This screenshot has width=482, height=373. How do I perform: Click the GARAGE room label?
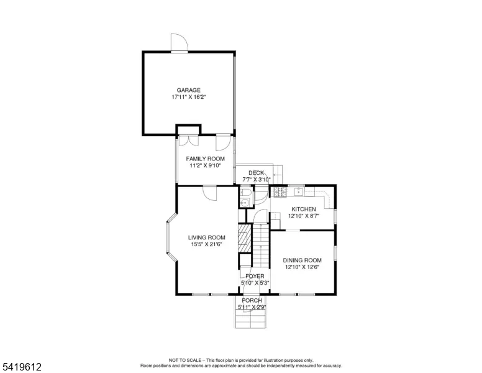coord(188,90)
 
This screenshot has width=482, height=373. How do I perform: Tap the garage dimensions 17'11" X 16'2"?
coord(188,97)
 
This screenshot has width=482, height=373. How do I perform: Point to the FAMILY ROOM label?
coord(206,159)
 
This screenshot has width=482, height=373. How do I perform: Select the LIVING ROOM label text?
coord(207,237)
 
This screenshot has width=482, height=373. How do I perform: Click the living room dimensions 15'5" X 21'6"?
coord(207,244)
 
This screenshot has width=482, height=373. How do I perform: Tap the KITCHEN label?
coord(304,210)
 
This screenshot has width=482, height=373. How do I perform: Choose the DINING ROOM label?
coord(302,260)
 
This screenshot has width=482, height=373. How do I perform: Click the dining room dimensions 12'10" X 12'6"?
coord(302,267)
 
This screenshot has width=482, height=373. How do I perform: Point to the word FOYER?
coord(255,277)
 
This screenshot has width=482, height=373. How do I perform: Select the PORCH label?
coord(252,300)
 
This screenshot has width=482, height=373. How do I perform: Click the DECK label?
coord(256,173)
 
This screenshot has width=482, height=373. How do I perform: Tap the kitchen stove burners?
coord(280,192)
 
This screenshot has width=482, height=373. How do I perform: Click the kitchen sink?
coord(299,191)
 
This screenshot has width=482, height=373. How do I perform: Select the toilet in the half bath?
coord(246,193)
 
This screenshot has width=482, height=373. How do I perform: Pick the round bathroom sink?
coord(245,203)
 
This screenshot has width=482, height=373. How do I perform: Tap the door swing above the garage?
coord(180,42)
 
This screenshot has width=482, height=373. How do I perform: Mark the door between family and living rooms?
coord(210,193)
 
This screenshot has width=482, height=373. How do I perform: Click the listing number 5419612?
coord(22,367)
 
